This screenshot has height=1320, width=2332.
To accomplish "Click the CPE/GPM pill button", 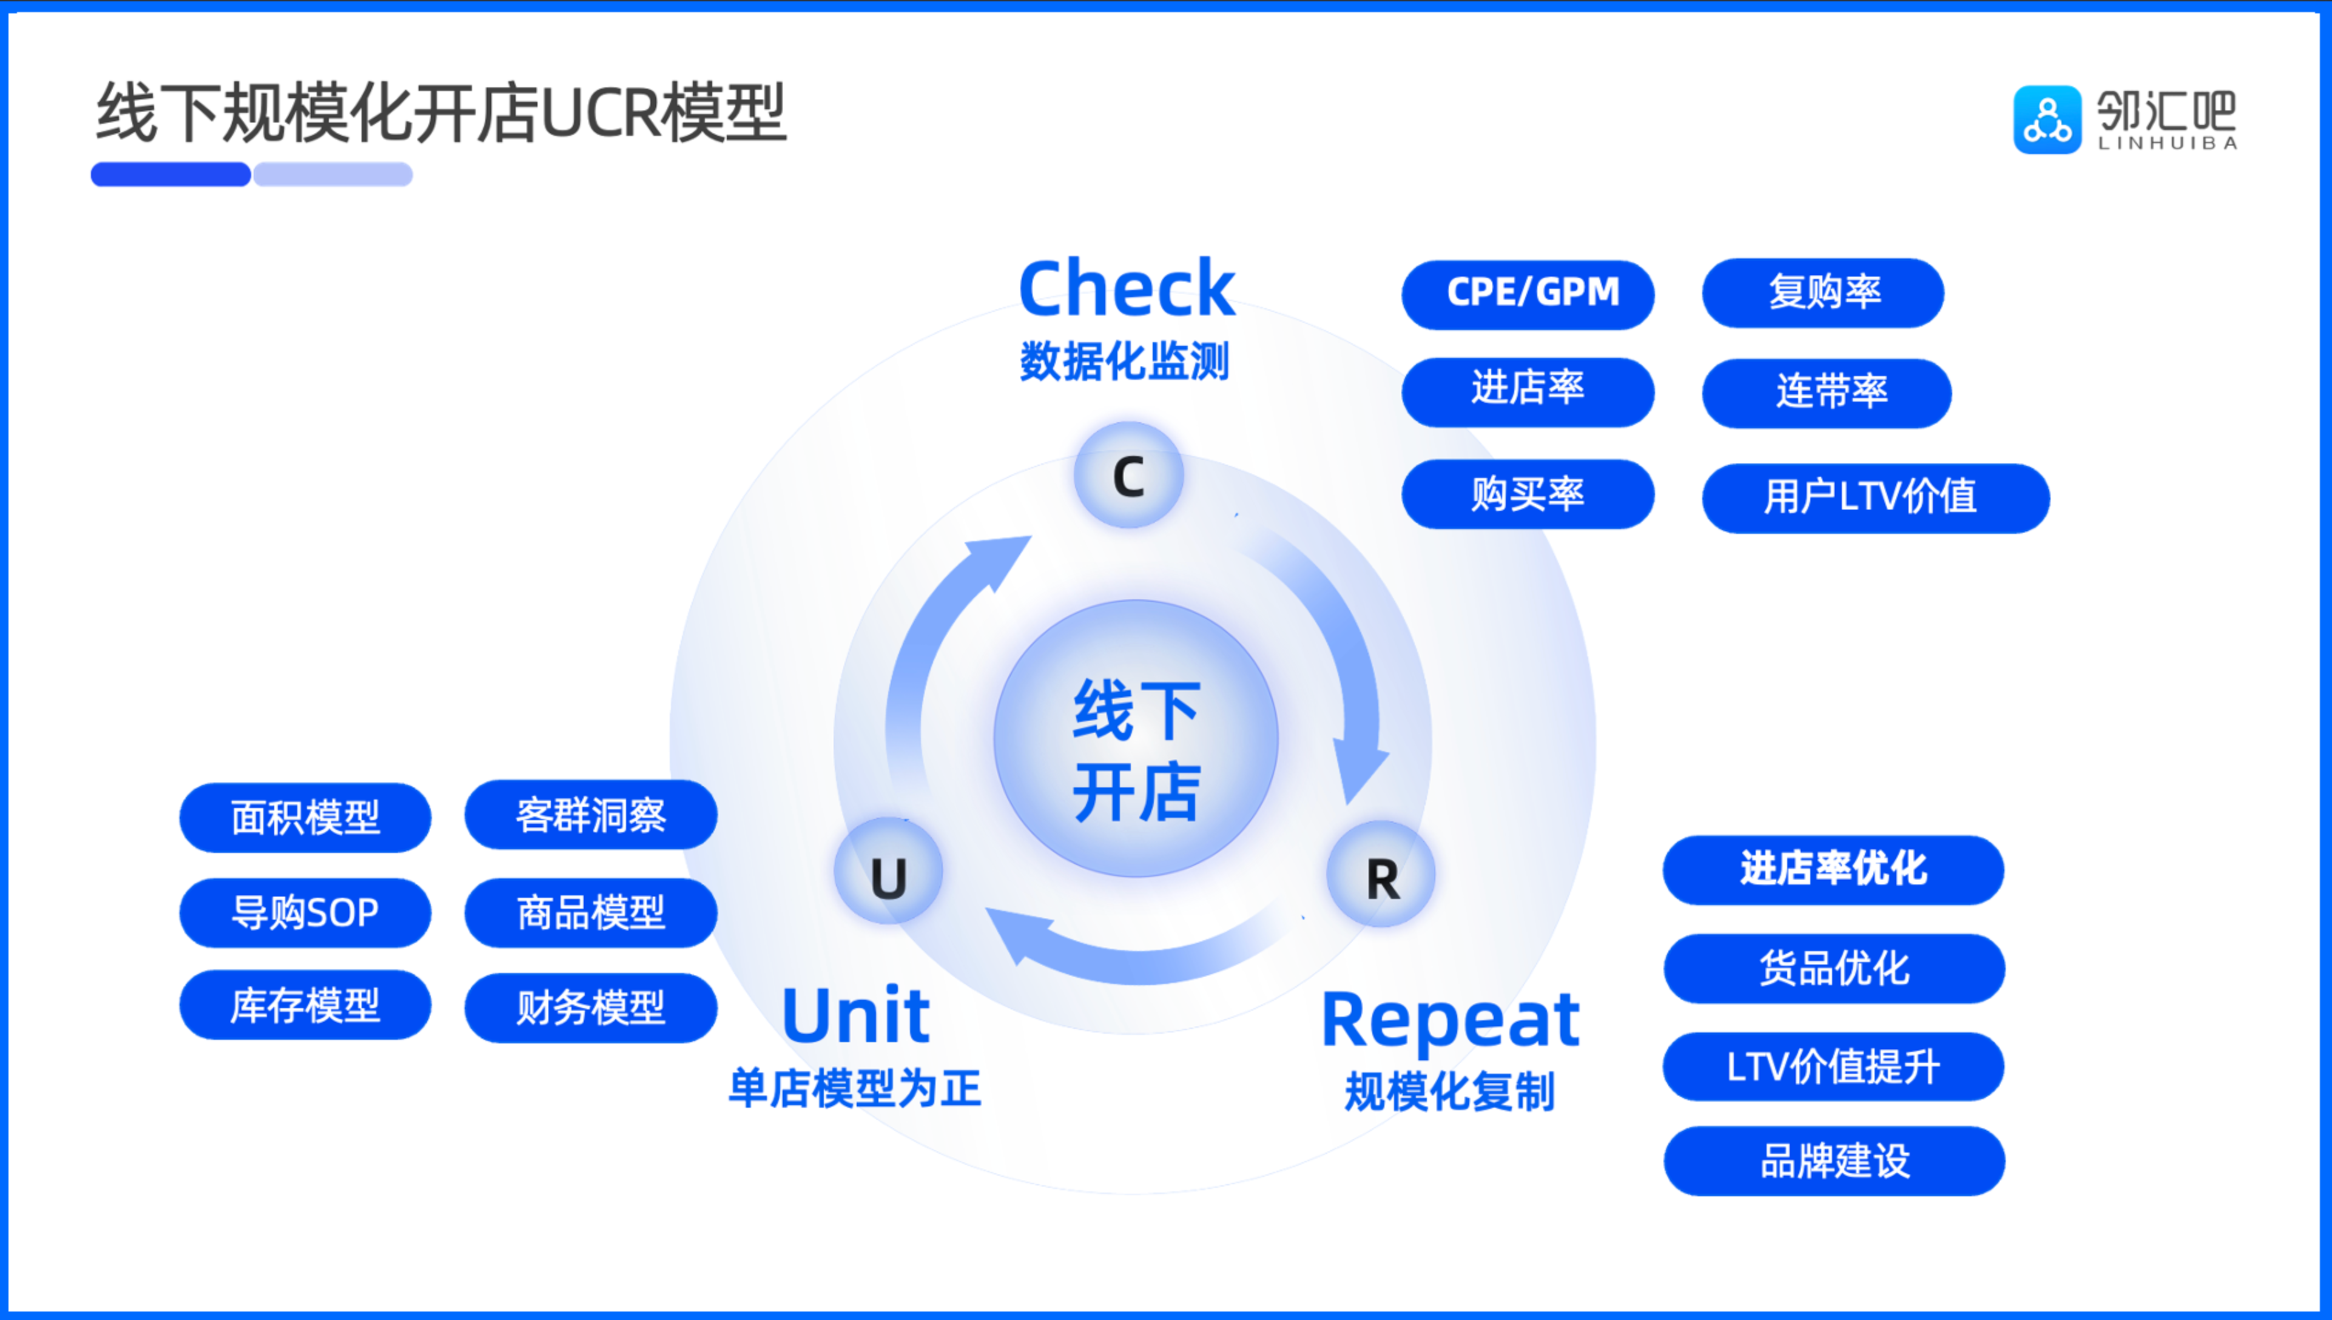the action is [x=1528, y=294].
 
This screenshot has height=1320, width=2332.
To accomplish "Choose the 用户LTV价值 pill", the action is [x=1876, y=497].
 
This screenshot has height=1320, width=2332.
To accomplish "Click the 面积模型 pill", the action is [x=306, y=818].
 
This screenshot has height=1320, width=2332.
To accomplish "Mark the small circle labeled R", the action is [x=1381, y=875].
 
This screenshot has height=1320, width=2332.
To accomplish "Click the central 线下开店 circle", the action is [x=1136, y=739].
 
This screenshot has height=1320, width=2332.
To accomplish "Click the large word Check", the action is [x=1127, y=288].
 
